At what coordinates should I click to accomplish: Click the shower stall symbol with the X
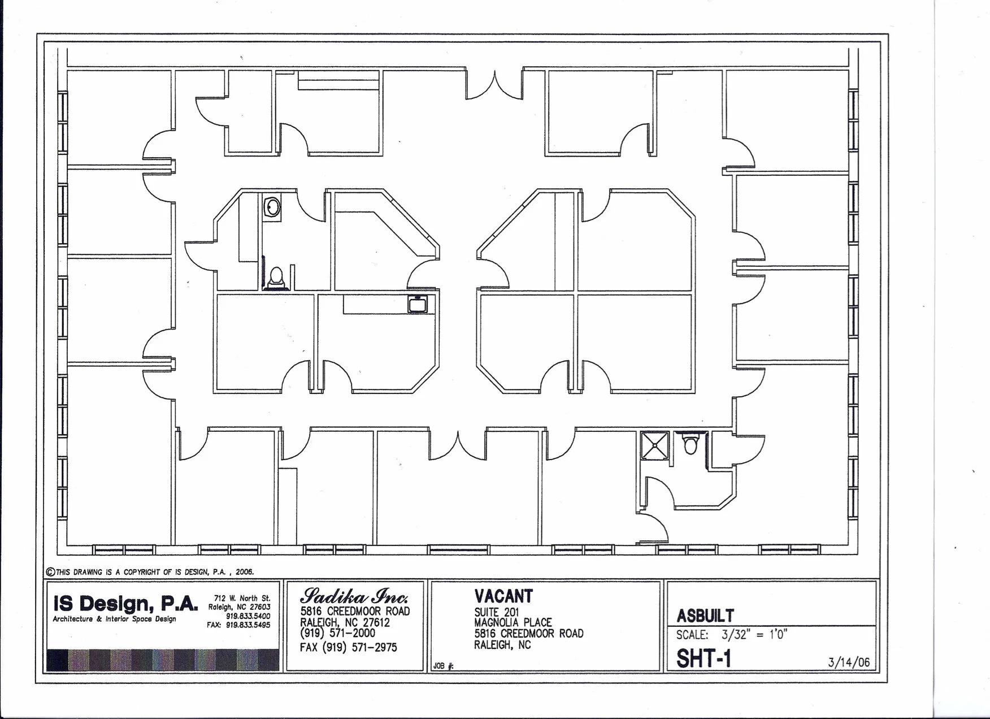point(655,445)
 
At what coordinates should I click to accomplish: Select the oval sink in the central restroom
point(272,206)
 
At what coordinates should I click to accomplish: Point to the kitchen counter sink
point(418,304)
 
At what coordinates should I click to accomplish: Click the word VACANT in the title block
point(503,596)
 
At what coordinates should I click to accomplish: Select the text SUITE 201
point(496,612)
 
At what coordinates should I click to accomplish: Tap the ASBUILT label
point(705,616)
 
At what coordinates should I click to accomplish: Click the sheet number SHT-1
point(704,658)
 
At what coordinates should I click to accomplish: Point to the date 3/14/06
point(849,662)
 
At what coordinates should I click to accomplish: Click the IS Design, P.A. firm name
point(125,604)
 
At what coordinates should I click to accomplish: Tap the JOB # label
point(444,666)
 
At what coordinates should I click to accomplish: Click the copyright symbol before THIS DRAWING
point(50,571)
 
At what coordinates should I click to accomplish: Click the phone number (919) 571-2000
point(337,634)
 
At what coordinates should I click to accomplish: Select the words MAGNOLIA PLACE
point(513,623)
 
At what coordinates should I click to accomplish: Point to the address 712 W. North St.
point(242,598)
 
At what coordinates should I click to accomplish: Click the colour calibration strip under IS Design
point(163,660)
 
